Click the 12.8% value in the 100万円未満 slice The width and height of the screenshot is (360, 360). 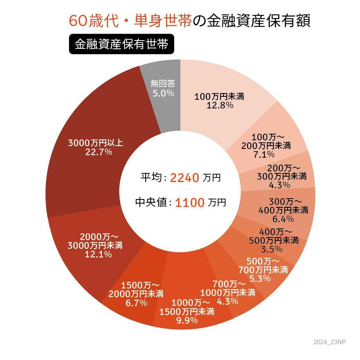click(220, 106)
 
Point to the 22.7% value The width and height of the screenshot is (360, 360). click(98, 152)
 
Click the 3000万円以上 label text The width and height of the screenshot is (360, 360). click(96, 143)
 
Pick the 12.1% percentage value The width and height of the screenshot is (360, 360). click(98, 254)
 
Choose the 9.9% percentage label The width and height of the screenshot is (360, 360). click(187, 320)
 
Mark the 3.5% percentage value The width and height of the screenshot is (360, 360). click(272, 249)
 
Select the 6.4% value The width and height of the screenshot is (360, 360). click(283, 219)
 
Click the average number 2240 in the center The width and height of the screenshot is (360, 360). click(185, 178)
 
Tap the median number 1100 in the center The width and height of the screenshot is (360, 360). click(190, 203)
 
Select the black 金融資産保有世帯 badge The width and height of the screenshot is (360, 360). click(121, 44)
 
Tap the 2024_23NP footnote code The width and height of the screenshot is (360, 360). click(329, 342)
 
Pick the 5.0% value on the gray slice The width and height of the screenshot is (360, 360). click(163, 93)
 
